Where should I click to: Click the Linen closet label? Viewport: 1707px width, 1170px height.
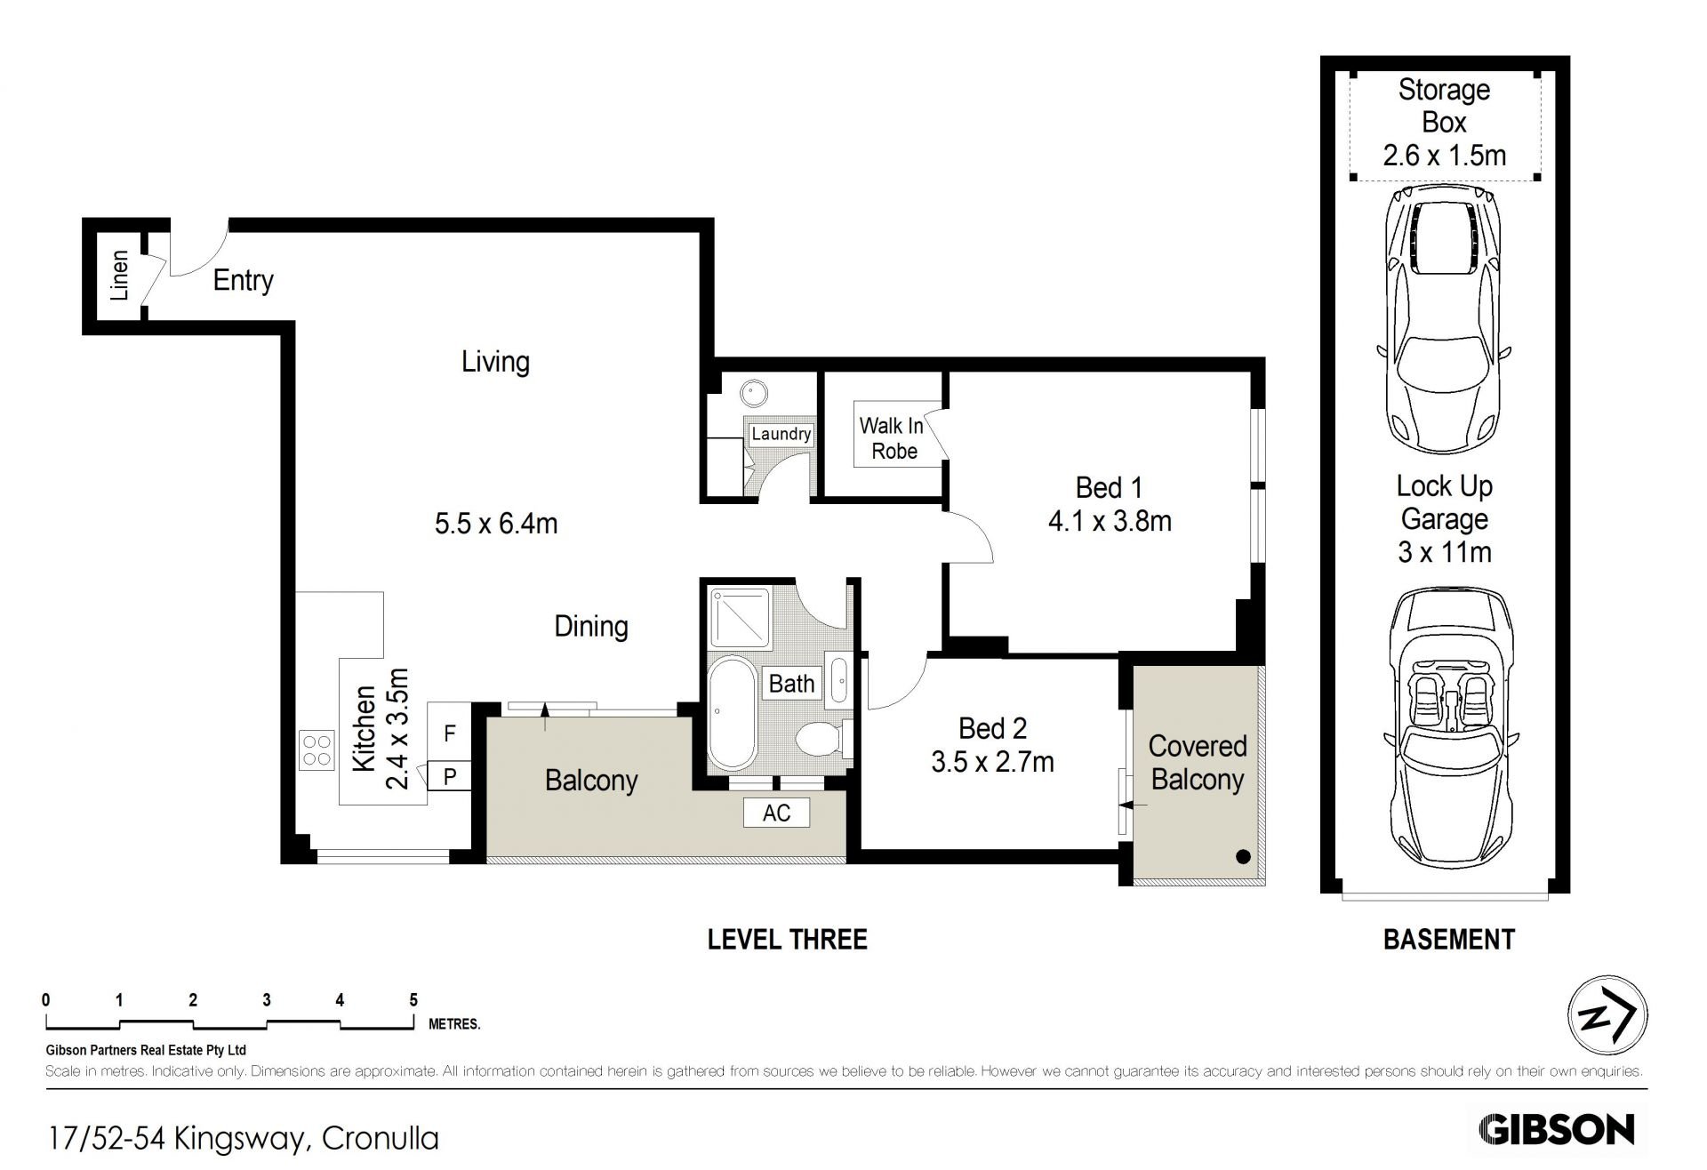tap(120, 276)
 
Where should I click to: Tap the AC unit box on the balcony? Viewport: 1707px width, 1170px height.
tap(776, 813)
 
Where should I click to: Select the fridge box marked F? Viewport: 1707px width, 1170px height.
tap(449, 733)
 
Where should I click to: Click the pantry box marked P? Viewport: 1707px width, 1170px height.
tap(449, 776)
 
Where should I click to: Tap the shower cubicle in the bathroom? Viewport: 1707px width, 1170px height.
tap(740, 617)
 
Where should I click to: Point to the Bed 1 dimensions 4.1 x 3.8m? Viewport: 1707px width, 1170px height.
tap(1110, 521)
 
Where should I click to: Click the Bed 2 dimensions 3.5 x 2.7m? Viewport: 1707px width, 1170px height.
tap(992, 762)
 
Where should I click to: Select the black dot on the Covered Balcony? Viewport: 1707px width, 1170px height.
tap(1243, 857)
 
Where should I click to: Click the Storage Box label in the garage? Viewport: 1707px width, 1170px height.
tap(1444, 106)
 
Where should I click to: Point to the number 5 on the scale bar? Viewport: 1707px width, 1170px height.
tap(413, 1000)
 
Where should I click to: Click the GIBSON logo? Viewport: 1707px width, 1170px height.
tap(1556, 1130)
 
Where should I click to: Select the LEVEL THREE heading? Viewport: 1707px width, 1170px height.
tap(787, 940)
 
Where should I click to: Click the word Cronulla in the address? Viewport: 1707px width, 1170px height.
tap(381, 1138)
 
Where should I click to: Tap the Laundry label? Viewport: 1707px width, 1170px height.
tap(781, 434)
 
